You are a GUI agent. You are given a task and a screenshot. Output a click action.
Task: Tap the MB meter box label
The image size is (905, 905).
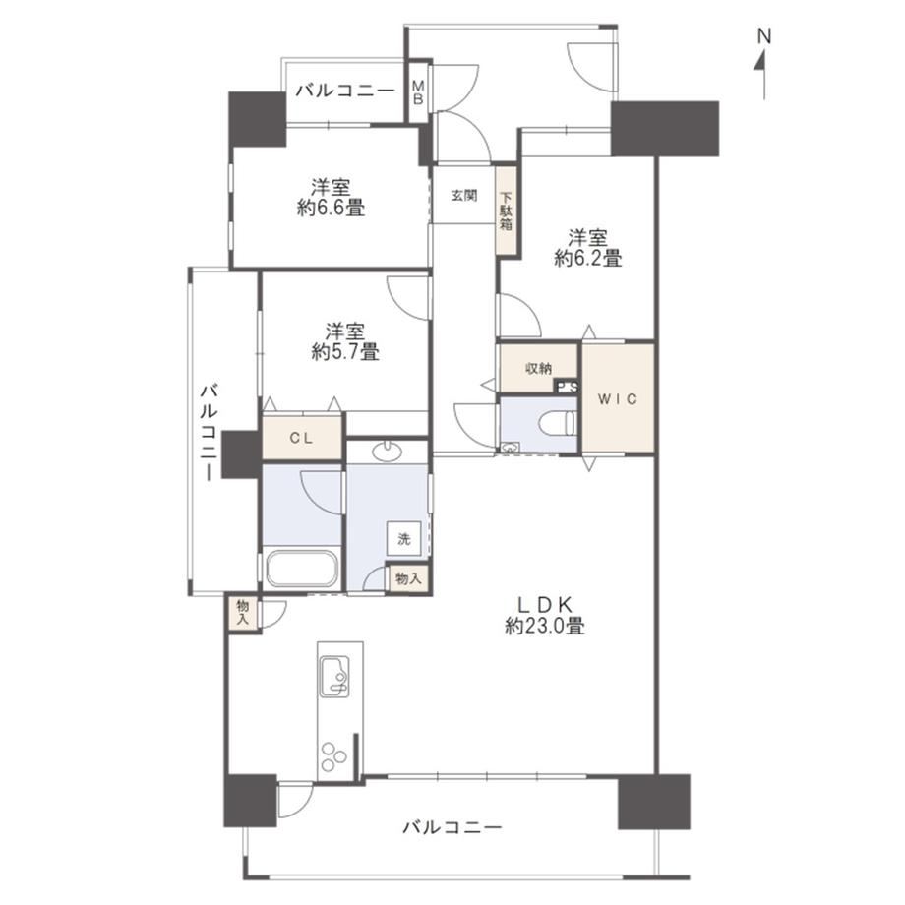pyautogui.click(x=418, y=92)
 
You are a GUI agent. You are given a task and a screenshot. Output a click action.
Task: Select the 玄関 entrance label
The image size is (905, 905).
pyautogui.click(x=464, y=196)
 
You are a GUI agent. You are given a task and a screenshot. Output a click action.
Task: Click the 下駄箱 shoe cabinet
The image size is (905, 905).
pyautogui.click(x=507, y=211)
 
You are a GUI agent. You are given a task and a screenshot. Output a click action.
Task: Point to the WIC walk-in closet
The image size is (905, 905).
pyautogui.click(x=618, y=398)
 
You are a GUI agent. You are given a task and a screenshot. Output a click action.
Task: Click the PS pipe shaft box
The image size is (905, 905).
pyautogui.click(x=567, y=387)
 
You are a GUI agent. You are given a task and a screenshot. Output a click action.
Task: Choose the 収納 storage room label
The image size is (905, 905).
pyautogui.click(x=538, y=368)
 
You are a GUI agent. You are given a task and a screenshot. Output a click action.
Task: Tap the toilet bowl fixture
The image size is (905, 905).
pyautogui.click(x=557, y=425)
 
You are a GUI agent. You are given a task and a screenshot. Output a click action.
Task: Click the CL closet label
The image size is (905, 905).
pyautogui.click(x=301, y=438)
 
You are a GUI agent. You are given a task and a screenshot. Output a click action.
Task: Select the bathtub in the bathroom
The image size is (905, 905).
pyautogui.click(x=301, y=569)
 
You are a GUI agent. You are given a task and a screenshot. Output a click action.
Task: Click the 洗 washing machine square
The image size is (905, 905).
pyautogui.click(x=404, y=539)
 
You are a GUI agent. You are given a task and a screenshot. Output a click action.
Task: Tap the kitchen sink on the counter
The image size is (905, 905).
pyautogui.click(x=334, y=677)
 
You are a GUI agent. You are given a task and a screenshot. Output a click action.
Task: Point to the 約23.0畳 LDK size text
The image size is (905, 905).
pyautogui.click(x=545, y=627)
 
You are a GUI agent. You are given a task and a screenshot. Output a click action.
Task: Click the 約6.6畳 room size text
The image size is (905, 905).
pyautogui.click(x=331, y=208)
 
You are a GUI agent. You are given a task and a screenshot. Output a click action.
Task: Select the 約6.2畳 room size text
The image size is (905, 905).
pyautogui.click(x=588, y=258)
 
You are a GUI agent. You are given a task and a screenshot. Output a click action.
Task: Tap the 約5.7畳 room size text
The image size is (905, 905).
pyautogui.click(x=345, y=352)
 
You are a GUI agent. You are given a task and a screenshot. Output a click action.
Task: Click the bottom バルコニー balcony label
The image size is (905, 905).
pyautogui.click(x=452, y=827)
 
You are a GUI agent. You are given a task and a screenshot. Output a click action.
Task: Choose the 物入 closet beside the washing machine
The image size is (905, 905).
pyautogui.click(x=408, y=578)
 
